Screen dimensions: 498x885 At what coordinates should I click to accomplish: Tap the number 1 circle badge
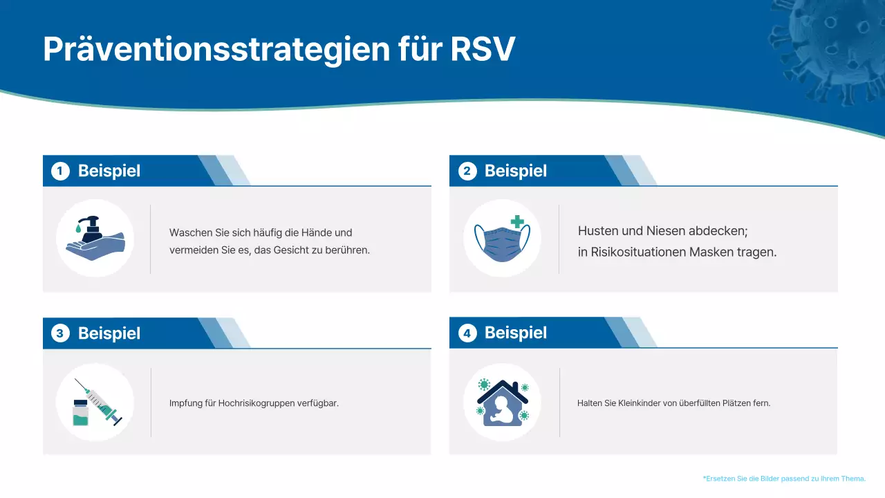61,171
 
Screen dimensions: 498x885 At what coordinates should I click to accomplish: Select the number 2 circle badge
467,171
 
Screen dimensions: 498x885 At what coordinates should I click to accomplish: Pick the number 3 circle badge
61,333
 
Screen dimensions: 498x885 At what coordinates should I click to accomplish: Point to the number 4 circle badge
467,333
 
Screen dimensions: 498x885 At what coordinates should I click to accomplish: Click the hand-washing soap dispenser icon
95,239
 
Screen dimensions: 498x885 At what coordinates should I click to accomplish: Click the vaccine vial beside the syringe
81,413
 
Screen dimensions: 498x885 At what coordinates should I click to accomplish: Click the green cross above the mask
517,222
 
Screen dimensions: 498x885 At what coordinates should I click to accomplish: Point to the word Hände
316,232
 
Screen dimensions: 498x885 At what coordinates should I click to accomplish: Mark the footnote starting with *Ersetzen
784,479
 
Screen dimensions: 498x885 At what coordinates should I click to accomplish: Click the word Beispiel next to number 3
109,333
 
